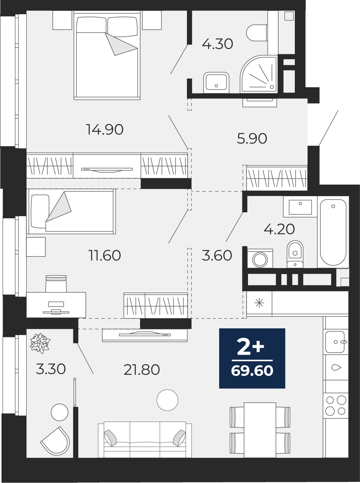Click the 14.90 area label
pos(105,130)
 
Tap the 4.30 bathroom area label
pos(218,44)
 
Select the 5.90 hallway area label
pos(252,139)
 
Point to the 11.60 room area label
pos(105,255)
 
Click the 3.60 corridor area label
pos(217,255)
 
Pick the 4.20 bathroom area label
pos(279,229)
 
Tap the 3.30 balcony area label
pos(51,369)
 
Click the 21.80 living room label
pos(142,370)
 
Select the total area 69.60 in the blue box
pos(252,371)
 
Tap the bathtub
pos(333,232)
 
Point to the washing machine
pos(260,258)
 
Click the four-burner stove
pos(336,405)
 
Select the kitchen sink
pos(336,342)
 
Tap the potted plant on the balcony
pos(40,343)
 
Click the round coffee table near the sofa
pos(167,400)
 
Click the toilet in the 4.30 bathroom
pos(257,33)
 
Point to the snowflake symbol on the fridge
pos(259,303)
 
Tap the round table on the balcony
pos(60,412)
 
